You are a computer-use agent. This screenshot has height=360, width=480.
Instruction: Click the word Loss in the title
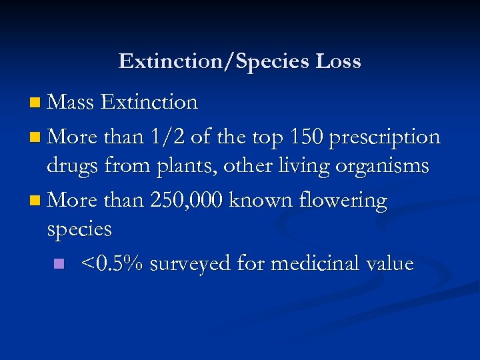(x=338, y=61)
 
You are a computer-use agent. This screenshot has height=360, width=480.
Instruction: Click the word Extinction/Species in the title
(x=214, y=62)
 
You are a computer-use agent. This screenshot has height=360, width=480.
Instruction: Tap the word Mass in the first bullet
(x=71, y=102)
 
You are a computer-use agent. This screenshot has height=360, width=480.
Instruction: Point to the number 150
(x=307, y=137)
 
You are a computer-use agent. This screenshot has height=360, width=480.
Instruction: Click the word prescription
(x=385, y=137)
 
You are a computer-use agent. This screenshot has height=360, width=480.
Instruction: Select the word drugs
(x=75, y=165)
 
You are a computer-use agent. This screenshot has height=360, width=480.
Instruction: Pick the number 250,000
(x=183, y=200)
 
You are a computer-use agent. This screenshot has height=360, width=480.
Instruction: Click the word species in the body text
(x=79, y=230)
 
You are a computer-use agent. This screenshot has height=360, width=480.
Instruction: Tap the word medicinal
(x=314, y=263)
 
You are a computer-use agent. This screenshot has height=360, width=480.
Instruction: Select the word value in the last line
(x=389, y=263)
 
